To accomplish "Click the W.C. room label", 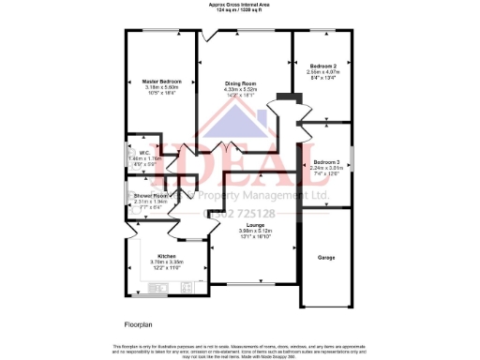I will pyautogui.click(x=145, y=153).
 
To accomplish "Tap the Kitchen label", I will pyautogui.click(x=167, y=256).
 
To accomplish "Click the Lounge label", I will pyautogui.click(x=254, y=226).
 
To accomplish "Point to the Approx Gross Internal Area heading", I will pyautogui.click(x=240, y=5).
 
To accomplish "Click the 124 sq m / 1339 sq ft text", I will pyautogui.click(x=240, y=10).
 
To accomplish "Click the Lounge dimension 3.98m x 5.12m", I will pyautogui.click(x=254, y=232).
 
